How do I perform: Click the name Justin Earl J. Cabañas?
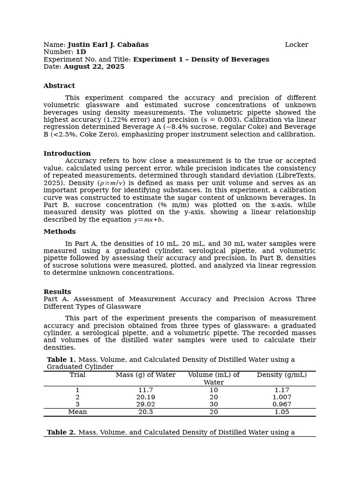pyautogui.click(x=108, y=45)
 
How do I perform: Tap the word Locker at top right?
pyautogui.click(x=296, y=45)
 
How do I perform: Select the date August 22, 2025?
pyautogui.click(x=94, y=67)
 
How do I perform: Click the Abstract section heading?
pyautogui.click(x=59, y=86)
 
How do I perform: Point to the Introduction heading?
pyautogui.click(x=67, y=154)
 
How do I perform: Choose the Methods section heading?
pyautogui.click(x=60, y=232)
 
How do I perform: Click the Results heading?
pyautogui.click(x=57, y=292)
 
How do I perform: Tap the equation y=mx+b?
pyautogui.click(x=148, y=220)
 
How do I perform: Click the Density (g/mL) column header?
pyautogui.click(x=282, y=375)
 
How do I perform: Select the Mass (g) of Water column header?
pyautogui.click(x=146, y=375)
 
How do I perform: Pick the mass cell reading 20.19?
pyautogui.click(x=146, y=397)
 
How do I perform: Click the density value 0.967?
pyautogui.click(x=282, y=405)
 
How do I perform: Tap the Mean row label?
pyautogui.click(x=77, y=412)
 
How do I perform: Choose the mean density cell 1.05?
pyautogui.click(x=282, y=412)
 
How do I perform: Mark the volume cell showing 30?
pyautogui.click(x=214, y=405)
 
